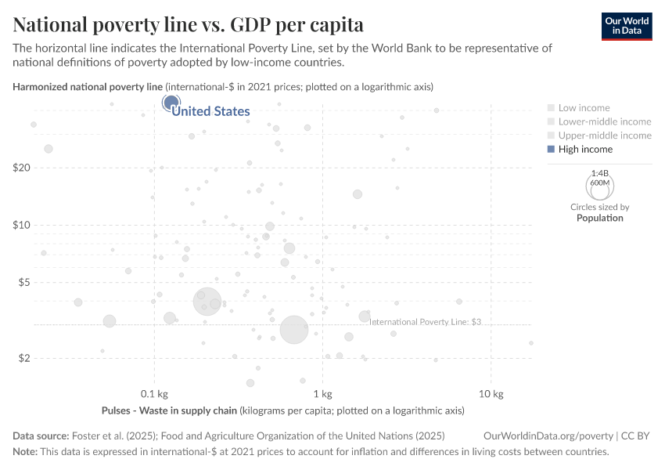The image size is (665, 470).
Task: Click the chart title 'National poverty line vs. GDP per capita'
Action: (x=188, y=23)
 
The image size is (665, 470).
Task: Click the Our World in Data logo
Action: (x=626, y=26)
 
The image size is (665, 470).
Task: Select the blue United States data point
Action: (x=171, y=103)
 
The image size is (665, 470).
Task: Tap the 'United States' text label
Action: (x=210, y=111)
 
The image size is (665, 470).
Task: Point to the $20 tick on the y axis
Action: (x=21, y=168)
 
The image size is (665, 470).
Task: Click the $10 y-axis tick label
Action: (x=21, y=225)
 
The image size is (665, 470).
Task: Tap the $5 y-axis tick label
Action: (x=23, y=282)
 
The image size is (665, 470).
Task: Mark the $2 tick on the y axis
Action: (x=23, y=358)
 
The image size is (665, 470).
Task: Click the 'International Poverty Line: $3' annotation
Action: (x=424, y=321)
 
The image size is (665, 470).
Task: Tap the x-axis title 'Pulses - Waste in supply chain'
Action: (x=169, y=410)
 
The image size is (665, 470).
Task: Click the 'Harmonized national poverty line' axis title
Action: (x=88, y=86)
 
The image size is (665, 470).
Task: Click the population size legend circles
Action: (x=600, y=186)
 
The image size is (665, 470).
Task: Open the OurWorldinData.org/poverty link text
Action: (x=548, y=436)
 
